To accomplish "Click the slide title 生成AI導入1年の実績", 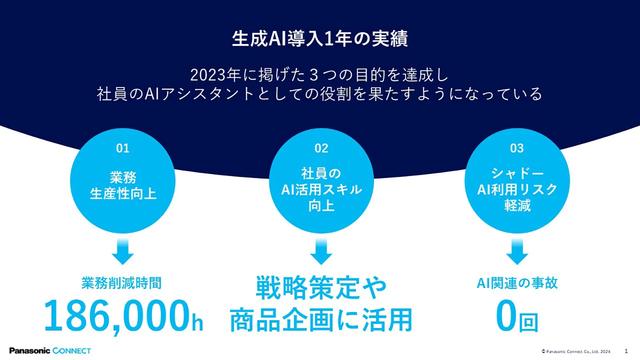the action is coord(320,38).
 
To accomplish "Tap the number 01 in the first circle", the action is coord(122,148).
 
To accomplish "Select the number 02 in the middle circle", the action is coord(321,148).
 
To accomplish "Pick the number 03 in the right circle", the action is coord(517,148).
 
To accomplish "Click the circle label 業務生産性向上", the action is coord(123,186).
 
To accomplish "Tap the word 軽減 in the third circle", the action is coord(517,205).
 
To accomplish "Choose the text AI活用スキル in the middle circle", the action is coord(322,190).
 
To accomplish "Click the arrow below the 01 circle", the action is coord(122,252).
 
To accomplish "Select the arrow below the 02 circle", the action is coord(321,252).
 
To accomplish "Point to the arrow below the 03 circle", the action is coord(517,252).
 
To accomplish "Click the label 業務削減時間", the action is coord(122,283).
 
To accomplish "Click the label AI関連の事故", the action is coord(517,283).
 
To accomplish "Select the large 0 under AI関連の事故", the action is coord(506,316).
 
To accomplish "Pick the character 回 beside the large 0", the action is coord(528,322).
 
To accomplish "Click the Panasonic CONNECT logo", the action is coord(50,350).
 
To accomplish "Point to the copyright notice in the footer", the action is coord(576,352).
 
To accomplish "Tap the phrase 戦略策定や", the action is coord(321,288).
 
